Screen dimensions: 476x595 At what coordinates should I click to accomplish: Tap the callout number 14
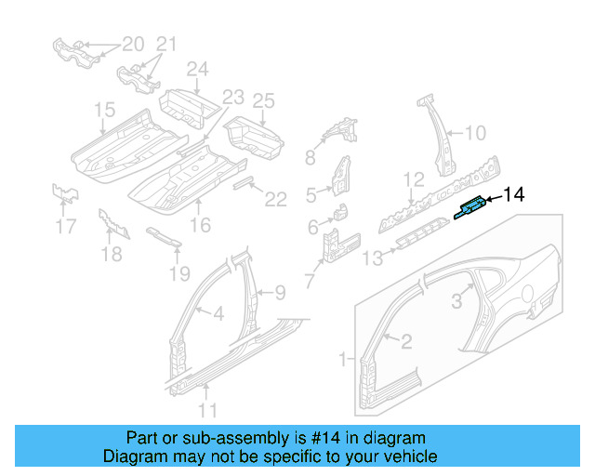[513, 194]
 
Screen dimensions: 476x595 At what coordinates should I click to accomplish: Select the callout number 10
[474, 134]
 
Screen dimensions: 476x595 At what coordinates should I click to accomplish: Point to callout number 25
[264, 100]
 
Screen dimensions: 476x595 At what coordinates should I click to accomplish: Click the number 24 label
[197, 69]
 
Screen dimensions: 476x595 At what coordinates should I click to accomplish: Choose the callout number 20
[133, 44]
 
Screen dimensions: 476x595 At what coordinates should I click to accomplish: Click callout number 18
[111, 255]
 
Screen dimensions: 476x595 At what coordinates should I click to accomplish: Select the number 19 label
[179, 273]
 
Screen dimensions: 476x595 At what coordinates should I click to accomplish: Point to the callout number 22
[275, 198]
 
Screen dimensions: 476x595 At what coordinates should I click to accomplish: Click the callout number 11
[208, 409]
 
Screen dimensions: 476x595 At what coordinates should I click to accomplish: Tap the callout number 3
[456, 300]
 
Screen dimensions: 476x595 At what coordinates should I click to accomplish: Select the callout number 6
[313, 227]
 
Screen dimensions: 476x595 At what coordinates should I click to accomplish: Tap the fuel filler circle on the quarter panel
[533, 297]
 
